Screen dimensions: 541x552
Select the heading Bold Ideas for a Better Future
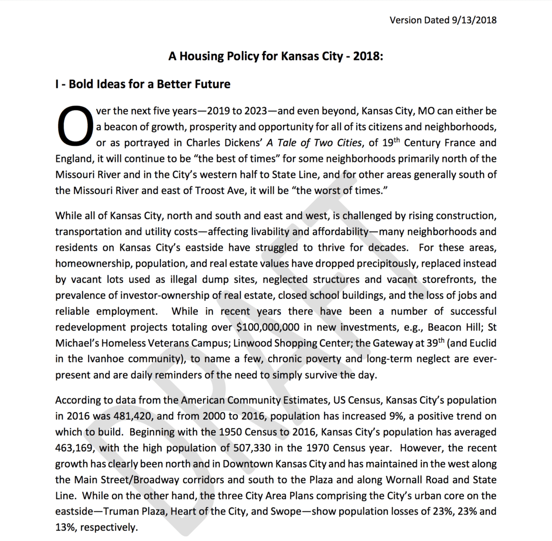pos(149,85)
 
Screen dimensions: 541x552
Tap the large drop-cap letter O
pos(74,126)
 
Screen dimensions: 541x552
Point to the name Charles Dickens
pos(223,143)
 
